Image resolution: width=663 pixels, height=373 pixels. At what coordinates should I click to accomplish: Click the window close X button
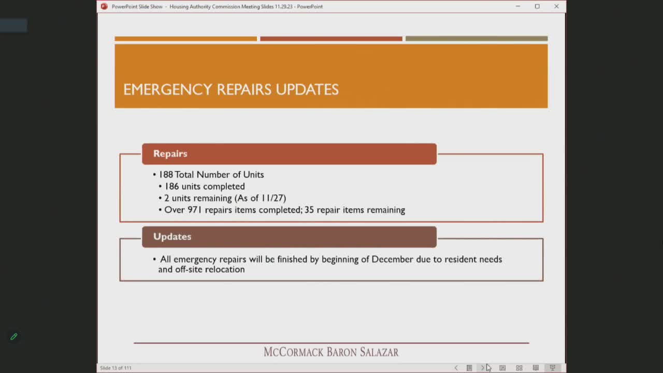click(556, 6)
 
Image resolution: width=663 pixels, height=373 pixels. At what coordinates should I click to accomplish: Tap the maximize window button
click(537, 6)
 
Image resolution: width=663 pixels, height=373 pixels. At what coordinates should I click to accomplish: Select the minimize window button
click(517, 6)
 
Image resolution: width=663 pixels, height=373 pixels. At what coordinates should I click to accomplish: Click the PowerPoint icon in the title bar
click(104, 6)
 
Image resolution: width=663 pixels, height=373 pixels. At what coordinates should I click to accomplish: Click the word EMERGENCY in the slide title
click(167, 89)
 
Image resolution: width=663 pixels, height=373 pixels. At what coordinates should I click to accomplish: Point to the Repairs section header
click(170, 154)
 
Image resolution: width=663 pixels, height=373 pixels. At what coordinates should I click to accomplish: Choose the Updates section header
click(172, 237)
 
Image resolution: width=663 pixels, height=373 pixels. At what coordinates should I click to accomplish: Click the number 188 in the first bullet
click(166, 175)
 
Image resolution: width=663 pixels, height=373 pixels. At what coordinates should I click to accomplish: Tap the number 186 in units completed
click(171, 187)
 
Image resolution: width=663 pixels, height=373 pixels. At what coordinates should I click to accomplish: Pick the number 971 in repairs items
click(195, 210)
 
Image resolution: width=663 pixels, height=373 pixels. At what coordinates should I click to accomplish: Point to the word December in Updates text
click(393, 259)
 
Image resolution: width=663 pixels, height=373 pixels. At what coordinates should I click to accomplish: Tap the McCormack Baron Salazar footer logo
click(331, 352)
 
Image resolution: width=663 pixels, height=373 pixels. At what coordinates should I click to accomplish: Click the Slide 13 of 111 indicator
click(116, 368)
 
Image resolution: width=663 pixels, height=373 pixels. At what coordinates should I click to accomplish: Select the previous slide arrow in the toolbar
click(456, 368)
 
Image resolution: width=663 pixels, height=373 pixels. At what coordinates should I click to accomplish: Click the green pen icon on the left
click(14, 337)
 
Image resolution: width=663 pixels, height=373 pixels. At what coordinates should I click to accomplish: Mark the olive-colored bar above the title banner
click(476, 39)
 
